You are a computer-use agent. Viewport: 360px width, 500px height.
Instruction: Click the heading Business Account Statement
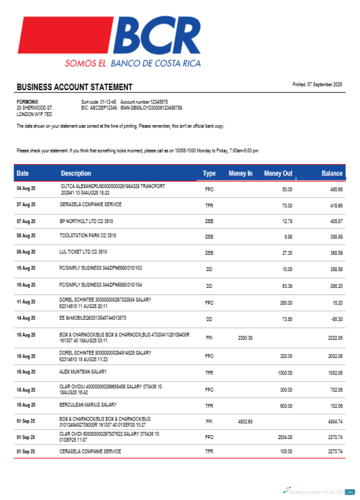pyautogui.click(x=74, y=87)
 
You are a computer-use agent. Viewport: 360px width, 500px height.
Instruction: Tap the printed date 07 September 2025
pyautogui.click(x=317, y=84)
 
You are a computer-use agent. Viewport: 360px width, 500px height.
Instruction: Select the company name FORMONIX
pyautogui.click(x=27, y=101)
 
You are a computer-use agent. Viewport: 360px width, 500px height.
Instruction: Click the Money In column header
pyautogui.click(x=240, y=173)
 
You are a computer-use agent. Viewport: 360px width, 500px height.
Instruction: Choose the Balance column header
pyautogui.click(x=332, y=173)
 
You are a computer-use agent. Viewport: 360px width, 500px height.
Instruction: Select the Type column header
pyautogui.click(x=209, y=173)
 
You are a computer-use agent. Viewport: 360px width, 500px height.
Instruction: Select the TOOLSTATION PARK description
pyautogui.click(x=88, y=235)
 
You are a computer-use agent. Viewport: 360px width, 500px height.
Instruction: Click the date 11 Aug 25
pyautogui.click(x=26, y=302)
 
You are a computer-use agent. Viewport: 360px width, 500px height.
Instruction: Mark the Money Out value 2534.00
pyautogui.click(x=285, y=437)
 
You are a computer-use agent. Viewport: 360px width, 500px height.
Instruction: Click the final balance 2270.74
pyautogui.click(x=335, y=452)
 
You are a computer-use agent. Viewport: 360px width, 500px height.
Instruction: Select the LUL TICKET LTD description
pyautogui.click(x=83, y=251)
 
